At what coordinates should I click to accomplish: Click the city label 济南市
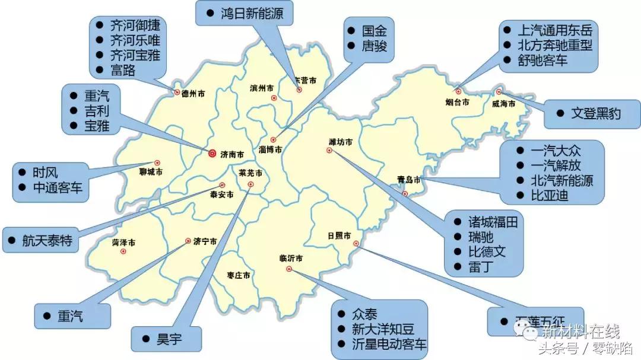click(x=232, y=155)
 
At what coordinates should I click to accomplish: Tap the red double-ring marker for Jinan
click(x=212, y=154)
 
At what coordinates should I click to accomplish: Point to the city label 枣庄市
click(x=239, y=276)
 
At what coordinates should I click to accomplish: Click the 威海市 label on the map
click(x=504, y=104)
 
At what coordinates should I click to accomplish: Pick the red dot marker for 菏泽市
click(x=123, y=251)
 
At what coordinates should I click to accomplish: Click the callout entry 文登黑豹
click(x=596, y=113)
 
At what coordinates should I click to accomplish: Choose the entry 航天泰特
click(x=47, y=240)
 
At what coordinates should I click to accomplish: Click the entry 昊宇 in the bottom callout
click(x=169, y=339)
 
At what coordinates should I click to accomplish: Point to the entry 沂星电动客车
click(x=389, y=345)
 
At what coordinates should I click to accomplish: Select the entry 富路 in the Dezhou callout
click(x=123, y=70)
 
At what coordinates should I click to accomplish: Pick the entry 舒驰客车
click(x=542, y=59)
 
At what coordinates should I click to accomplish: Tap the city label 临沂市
click(x=291, y=258)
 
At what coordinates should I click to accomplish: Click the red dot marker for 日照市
click(x=356, y=244)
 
